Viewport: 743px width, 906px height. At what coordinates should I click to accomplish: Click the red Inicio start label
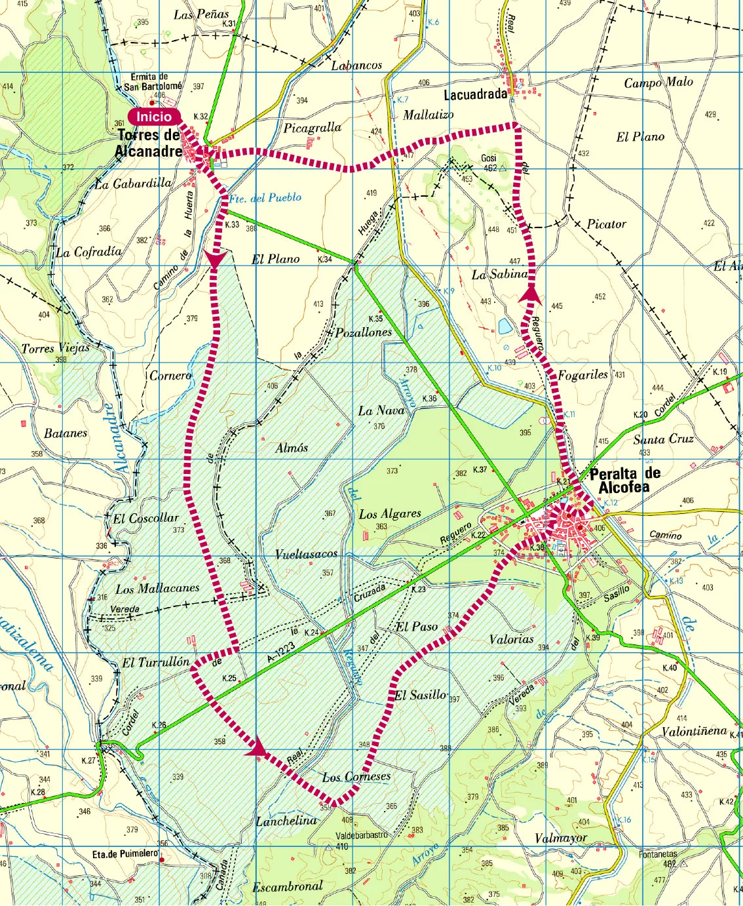[x=153, y=117]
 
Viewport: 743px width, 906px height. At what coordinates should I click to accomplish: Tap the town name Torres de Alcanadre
[x=149, y=143]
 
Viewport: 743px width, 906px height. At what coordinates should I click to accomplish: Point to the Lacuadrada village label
[x=476, y=94]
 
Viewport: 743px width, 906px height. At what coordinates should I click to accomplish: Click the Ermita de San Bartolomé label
[x=153, y=81]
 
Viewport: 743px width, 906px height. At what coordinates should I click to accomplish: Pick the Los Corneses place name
[x=356, y=777]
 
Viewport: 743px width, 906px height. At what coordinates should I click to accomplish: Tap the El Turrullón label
[x=155, y=663]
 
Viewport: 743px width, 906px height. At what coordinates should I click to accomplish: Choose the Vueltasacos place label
[x=306, y=554]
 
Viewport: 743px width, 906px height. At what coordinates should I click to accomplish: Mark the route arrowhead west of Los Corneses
[x=256, y=747]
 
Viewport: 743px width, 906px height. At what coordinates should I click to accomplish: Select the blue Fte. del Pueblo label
[x=265, y=197]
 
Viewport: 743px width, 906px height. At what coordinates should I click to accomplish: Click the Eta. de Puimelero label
[x=124, y=854]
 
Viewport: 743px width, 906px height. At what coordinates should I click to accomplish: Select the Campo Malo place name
[x=658, y=83]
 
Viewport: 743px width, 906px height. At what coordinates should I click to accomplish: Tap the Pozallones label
[x=363, y=332]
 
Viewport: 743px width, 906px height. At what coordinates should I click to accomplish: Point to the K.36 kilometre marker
[x=429, y=398]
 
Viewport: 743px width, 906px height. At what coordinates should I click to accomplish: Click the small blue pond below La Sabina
[x=505, y=326]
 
